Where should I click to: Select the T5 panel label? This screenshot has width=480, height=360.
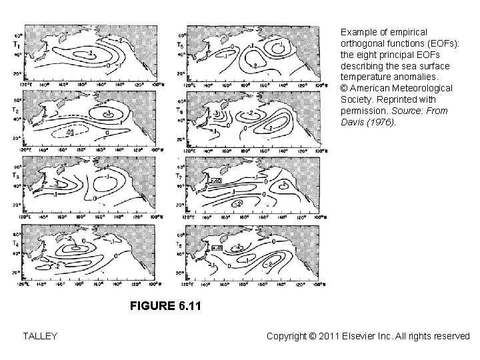point(180,45)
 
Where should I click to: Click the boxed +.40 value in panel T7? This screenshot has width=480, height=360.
point(215,181)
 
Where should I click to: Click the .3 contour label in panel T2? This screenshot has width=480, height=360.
point(107,114)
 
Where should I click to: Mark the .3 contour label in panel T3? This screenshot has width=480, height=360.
point(57,181)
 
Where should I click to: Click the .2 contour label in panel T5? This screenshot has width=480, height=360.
point(254,67)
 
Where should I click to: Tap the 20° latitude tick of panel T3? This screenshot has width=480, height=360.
point(19,205)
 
